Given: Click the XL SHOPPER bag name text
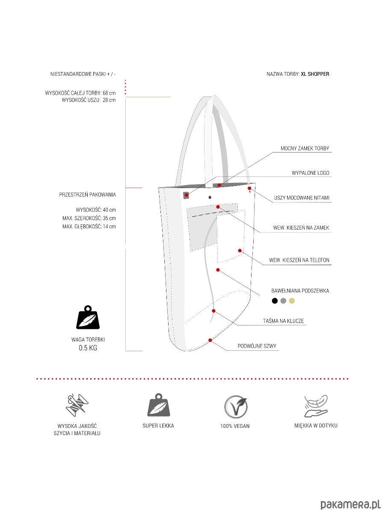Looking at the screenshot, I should (x=315, y=74).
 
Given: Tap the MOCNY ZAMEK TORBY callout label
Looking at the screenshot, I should (x=305, y=149).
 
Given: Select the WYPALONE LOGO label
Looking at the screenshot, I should (x=310, y=173).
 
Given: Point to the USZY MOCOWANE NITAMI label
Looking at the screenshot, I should (x=302, y=198).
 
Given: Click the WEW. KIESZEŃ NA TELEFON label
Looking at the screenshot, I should (x=299, y=260).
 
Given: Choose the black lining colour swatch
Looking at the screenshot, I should (x=275, y=301).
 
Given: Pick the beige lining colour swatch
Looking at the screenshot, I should (x=292, y=301).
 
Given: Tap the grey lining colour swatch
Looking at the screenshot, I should (x=283, y=301).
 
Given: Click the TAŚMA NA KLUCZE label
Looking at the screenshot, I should (x=283, y=321).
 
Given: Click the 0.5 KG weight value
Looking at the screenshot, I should (x=88, y=348).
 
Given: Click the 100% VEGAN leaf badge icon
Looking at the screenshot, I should (x=236, y=407).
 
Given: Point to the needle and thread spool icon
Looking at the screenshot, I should (x=78, y=405).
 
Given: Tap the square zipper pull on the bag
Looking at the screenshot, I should (x=186, y=195).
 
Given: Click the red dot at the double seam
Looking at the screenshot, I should (x=210, y=340).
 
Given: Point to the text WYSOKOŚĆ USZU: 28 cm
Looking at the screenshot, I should (x=89, y=100).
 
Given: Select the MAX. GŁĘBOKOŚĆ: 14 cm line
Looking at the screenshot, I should (x=89, y=226).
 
